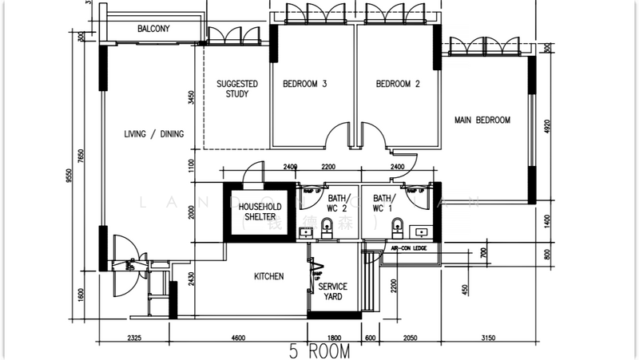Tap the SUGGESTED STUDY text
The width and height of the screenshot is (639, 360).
237,89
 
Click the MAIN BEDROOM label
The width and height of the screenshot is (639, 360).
482,121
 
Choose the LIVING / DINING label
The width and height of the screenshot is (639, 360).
154,134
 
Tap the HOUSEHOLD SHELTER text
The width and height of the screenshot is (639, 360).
259,212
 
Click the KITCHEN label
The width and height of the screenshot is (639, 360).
269,277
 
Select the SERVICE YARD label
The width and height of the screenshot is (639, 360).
333,291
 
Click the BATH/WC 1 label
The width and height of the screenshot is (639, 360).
383,204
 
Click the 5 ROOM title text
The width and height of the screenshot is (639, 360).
319,350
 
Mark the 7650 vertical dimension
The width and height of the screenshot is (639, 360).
81,156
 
